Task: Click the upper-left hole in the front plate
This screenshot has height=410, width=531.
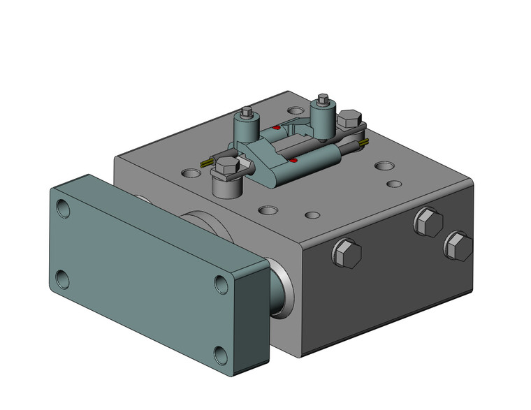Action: pyautogui.click(x=64, y=208)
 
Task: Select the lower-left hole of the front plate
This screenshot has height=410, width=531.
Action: pyautogui.click(x=63, y=279)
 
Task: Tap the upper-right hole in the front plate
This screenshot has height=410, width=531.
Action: pyautogui.click(x=221, y=284)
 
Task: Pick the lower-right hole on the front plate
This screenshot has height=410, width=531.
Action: pyautogui.click(x=221, y=356)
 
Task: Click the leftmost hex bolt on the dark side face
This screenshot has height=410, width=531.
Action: pyautogui.click(x=347, y=254)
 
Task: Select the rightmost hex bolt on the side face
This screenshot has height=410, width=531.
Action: pyautogui.click(x=458, y=246)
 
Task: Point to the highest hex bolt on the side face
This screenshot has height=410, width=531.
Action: pyautogui.click(x=428, y=223)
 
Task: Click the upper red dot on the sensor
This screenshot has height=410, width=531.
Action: pyautogui.click(x=277, y=128)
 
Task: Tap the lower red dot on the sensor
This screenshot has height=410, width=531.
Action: pyautogui.click(x=294, y=161)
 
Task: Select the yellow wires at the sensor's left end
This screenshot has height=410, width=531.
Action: pyautogui.click(x=207, y=162)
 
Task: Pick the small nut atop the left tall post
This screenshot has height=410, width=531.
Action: pyautogui.click(x=247, y=112)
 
